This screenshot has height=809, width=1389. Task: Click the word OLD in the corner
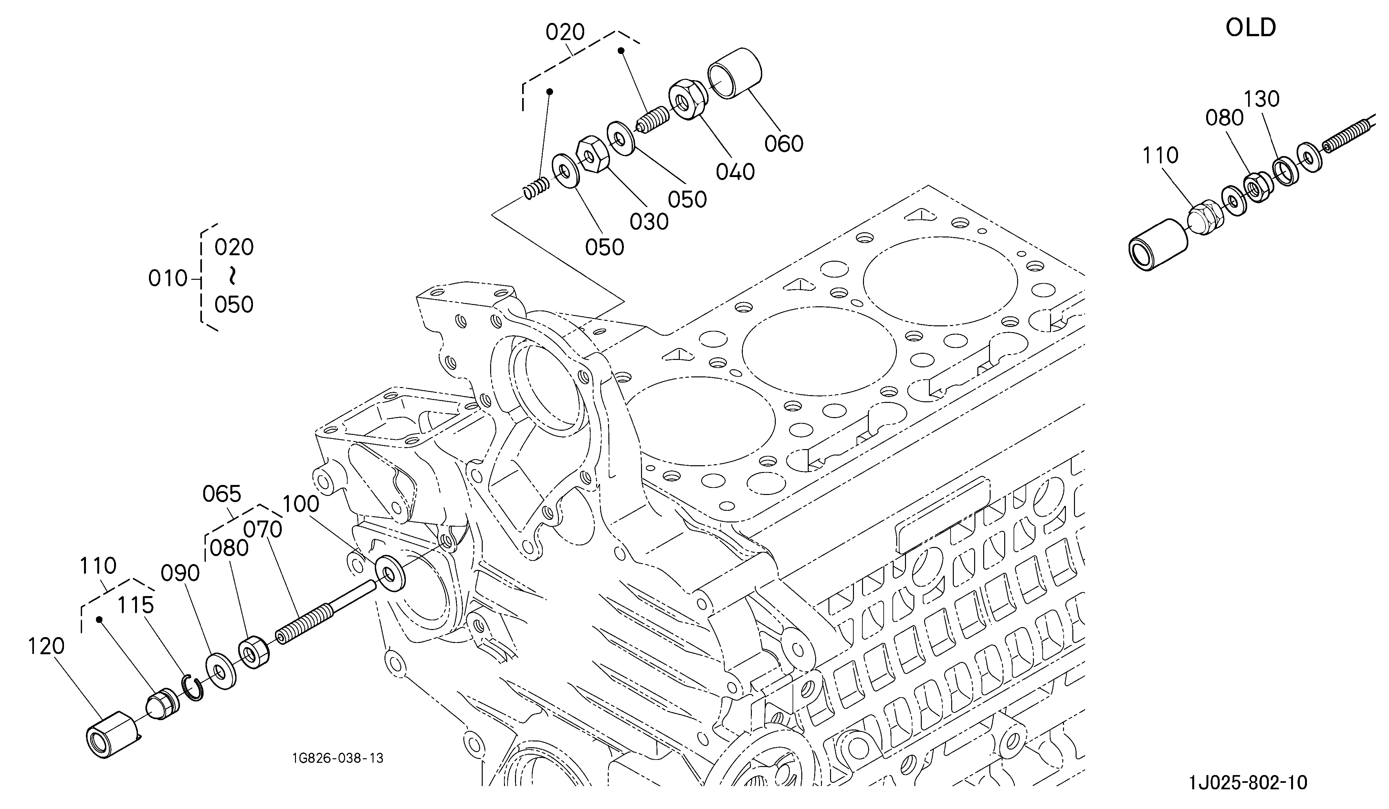coord(1251,27)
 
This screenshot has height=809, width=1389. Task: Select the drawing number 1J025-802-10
coord(1248,783)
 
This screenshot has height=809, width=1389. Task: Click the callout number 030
coord(649,222)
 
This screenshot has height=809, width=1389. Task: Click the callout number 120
coord(46,646)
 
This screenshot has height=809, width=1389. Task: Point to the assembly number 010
coord(168,279)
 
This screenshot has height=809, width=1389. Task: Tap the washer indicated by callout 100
coord(390,575)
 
